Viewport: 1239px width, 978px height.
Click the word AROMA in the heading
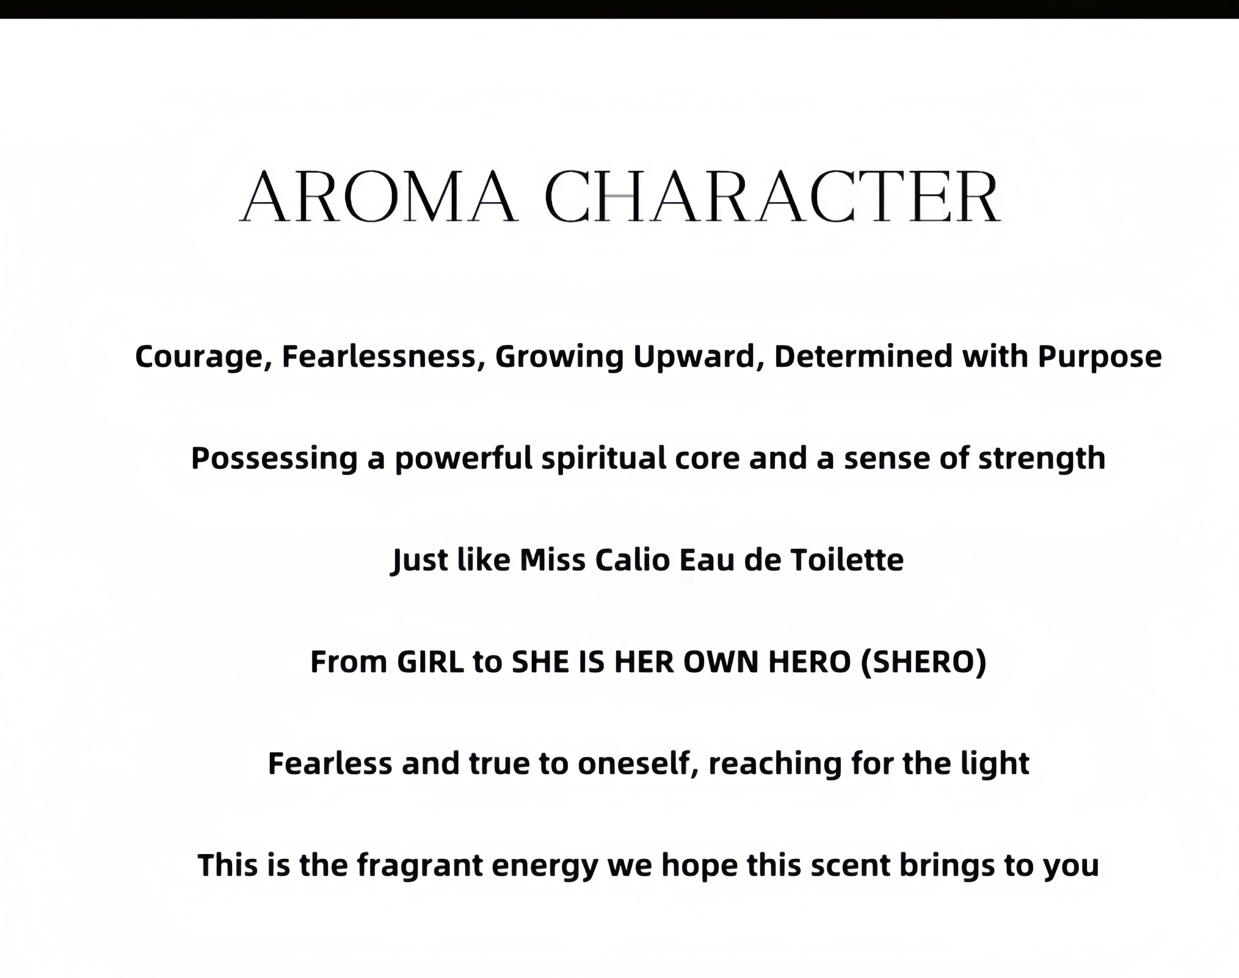pyautogui.click(x=379, y=196)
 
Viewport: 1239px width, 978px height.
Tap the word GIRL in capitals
pyautogui.click(x=430, y=662)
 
